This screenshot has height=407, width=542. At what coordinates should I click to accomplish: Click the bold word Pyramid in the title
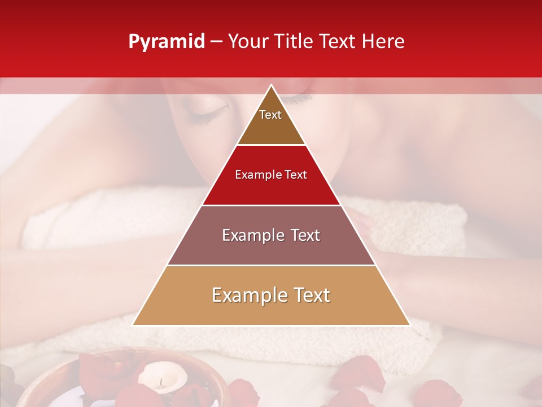click(x=167, y=42)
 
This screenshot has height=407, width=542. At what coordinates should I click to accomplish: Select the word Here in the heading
click(x=383, y=41)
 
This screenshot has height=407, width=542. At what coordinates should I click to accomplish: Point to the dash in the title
click(x=216, y=42)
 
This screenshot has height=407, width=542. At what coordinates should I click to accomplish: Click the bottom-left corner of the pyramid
click(x=133, y=325)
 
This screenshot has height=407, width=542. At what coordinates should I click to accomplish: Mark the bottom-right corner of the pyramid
click(x=410, y=325)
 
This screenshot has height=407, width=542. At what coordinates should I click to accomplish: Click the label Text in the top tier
click(x=270, y=115)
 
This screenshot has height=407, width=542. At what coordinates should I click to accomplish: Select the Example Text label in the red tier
click(x=271, y=175)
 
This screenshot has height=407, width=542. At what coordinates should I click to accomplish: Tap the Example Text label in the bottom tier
click(x=271, y=295)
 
